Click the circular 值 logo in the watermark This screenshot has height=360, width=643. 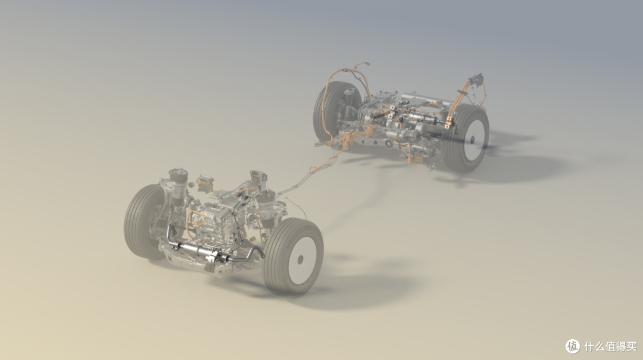pos(573,346)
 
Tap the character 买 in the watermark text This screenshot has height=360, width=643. pos(631,346)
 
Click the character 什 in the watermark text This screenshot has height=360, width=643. pos(589,346)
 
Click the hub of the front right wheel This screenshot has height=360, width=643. pos(300,259)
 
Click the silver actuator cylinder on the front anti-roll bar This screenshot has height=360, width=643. pos(197,249)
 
